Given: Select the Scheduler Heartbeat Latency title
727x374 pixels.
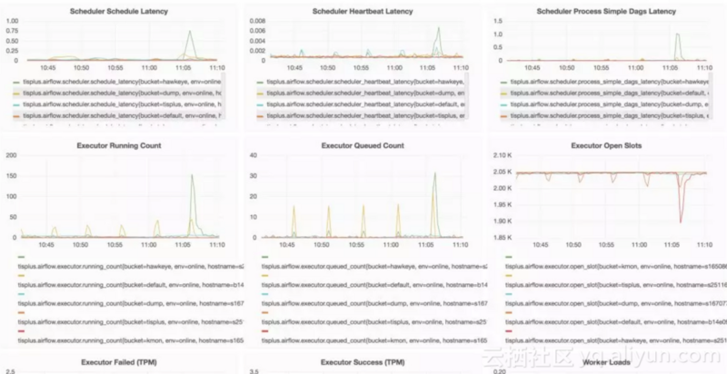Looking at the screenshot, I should (363, 11).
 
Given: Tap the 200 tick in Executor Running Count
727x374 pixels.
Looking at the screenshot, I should (12, 155).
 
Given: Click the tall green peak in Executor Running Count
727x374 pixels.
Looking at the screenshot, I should (193, 176).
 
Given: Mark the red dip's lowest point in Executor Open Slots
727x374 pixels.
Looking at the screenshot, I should (681, 221).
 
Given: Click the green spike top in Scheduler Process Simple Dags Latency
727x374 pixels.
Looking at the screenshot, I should (678, 34).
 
